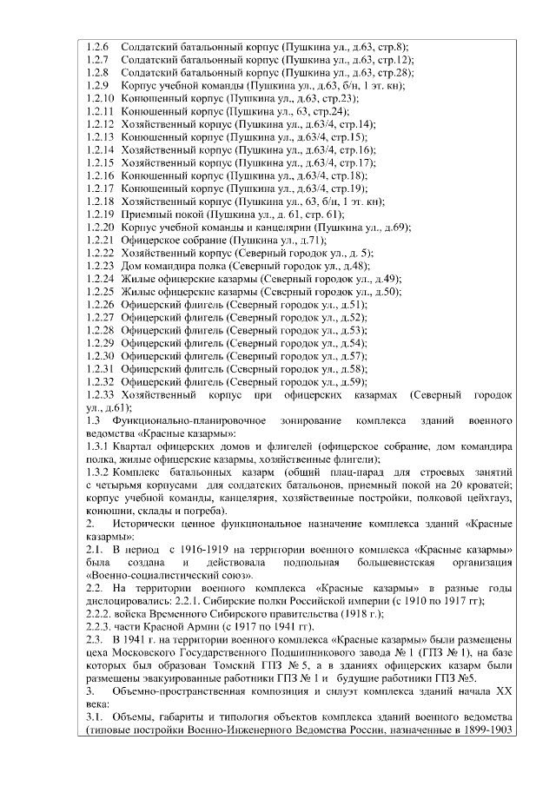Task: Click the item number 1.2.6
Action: click(98, 44)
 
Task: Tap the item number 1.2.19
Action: click(101, 213)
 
